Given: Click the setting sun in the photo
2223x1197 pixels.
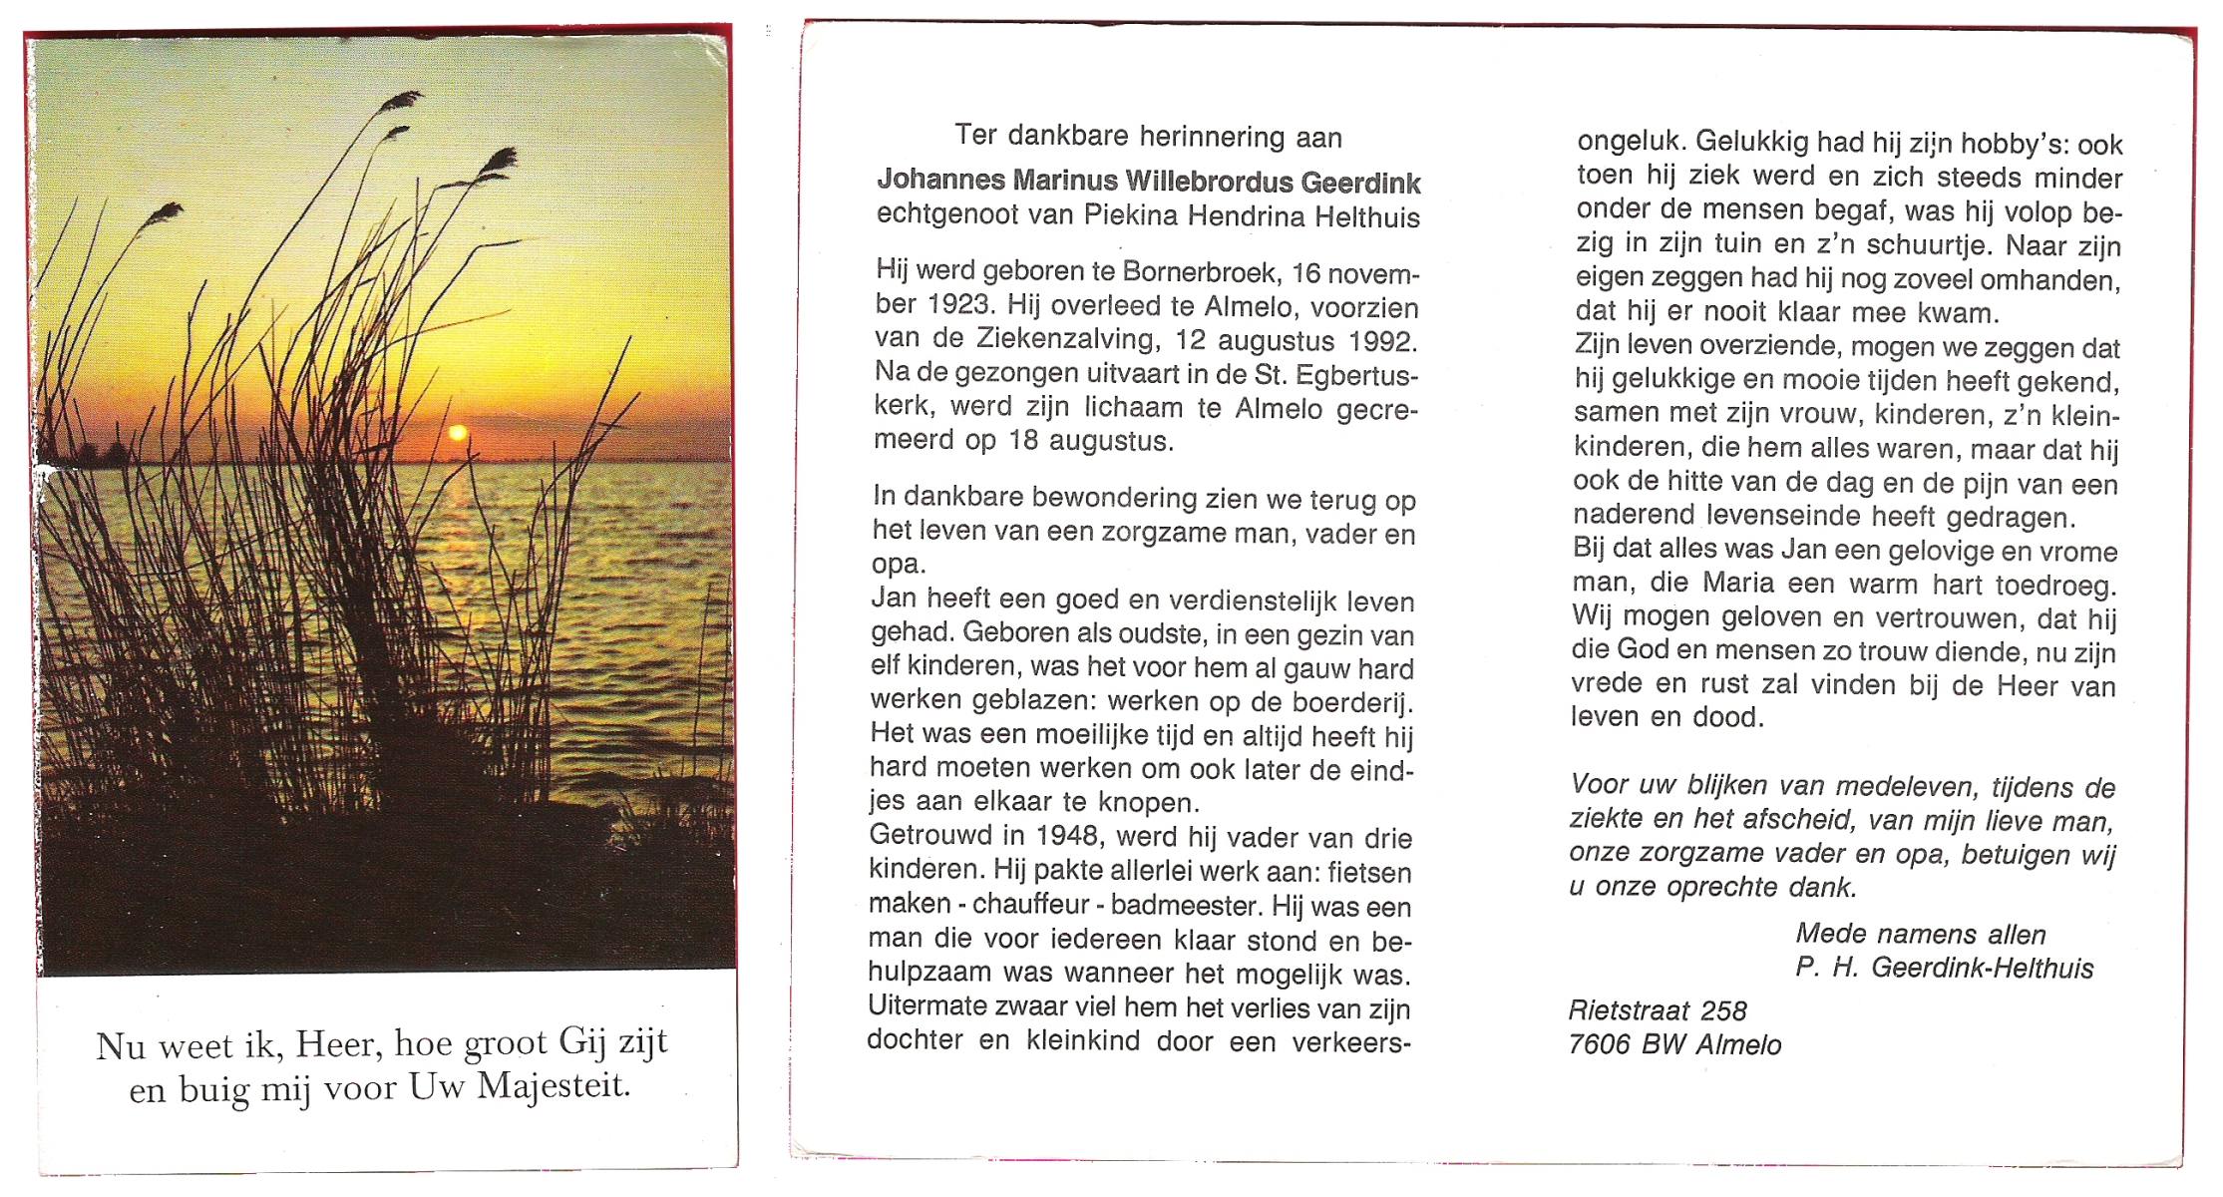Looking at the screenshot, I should tap(458, 432).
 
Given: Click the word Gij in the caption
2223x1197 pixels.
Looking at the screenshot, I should tap(582, 1041).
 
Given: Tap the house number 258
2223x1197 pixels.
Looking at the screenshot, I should tap(1723, 1010).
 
